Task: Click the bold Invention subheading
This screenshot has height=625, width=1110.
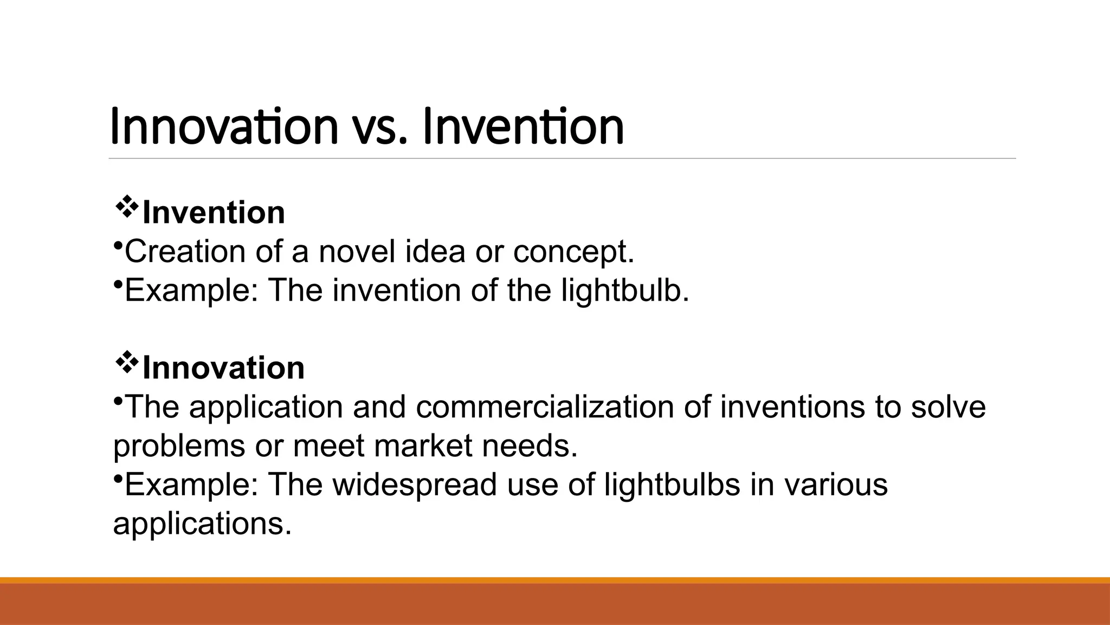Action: point(214,213)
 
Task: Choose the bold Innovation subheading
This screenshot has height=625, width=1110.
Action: point(223,368)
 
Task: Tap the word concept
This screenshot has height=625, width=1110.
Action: point(573,253)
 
